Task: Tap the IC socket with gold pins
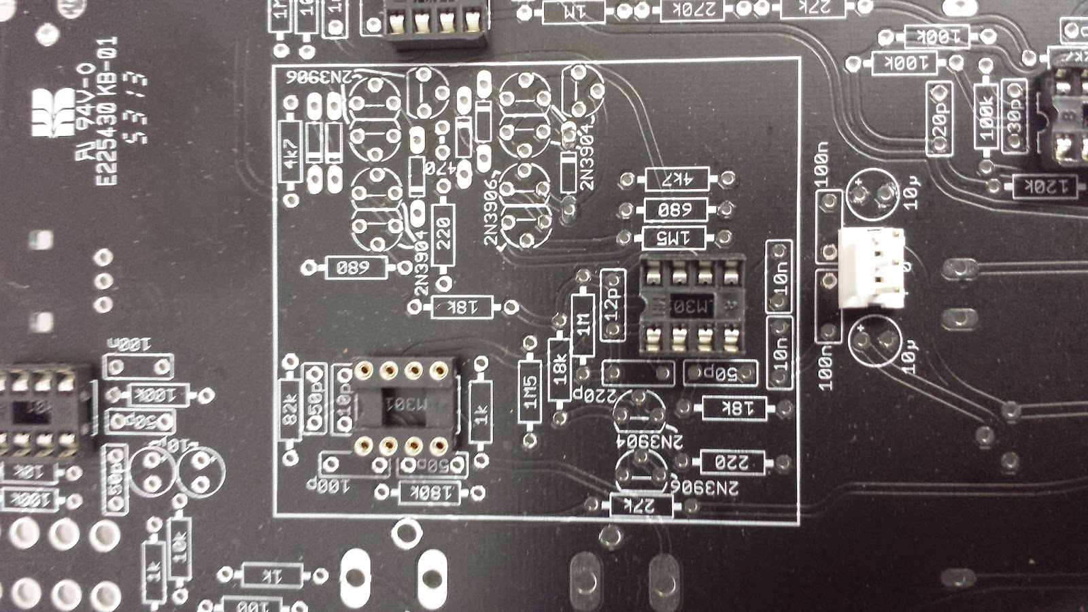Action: point(401,407)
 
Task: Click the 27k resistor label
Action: point(641,505)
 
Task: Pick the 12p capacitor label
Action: point(612,305)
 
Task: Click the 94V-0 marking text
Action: point(87,116)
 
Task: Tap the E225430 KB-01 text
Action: point(107,112)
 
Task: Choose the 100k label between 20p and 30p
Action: point(986,116)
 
